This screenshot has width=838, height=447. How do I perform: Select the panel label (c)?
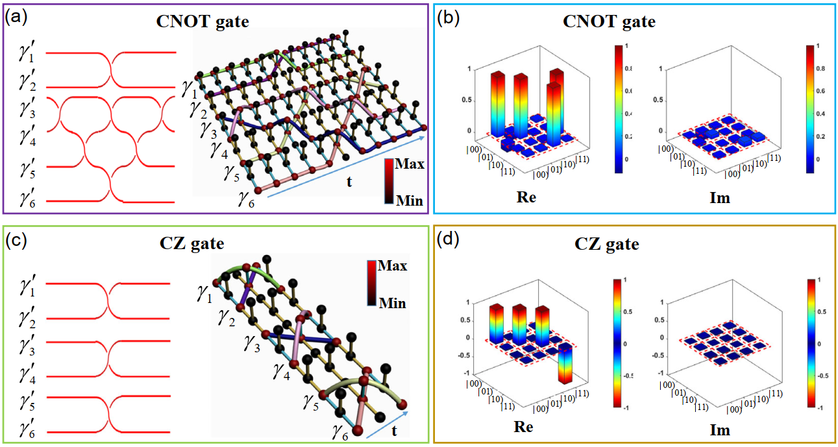pyautogui.click(x=16, y=241)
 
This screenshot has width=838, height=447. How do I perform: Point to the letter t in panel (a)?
pyautogui.click(x=349, y=182)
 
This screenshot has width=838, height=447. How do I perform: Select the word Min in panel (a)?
pyautogui.click(x=411, y=201)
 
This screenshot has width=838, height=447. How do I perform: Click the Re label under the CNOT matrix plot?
pyautogui.click(x=526, y=197)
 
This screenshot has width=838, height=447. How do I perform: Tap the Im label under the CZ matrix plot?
pyautogui.click(x=720, y=430)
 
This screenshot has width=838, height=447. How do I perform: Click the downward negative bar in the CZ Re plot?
pyautogui.click(x=567, y=366)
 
